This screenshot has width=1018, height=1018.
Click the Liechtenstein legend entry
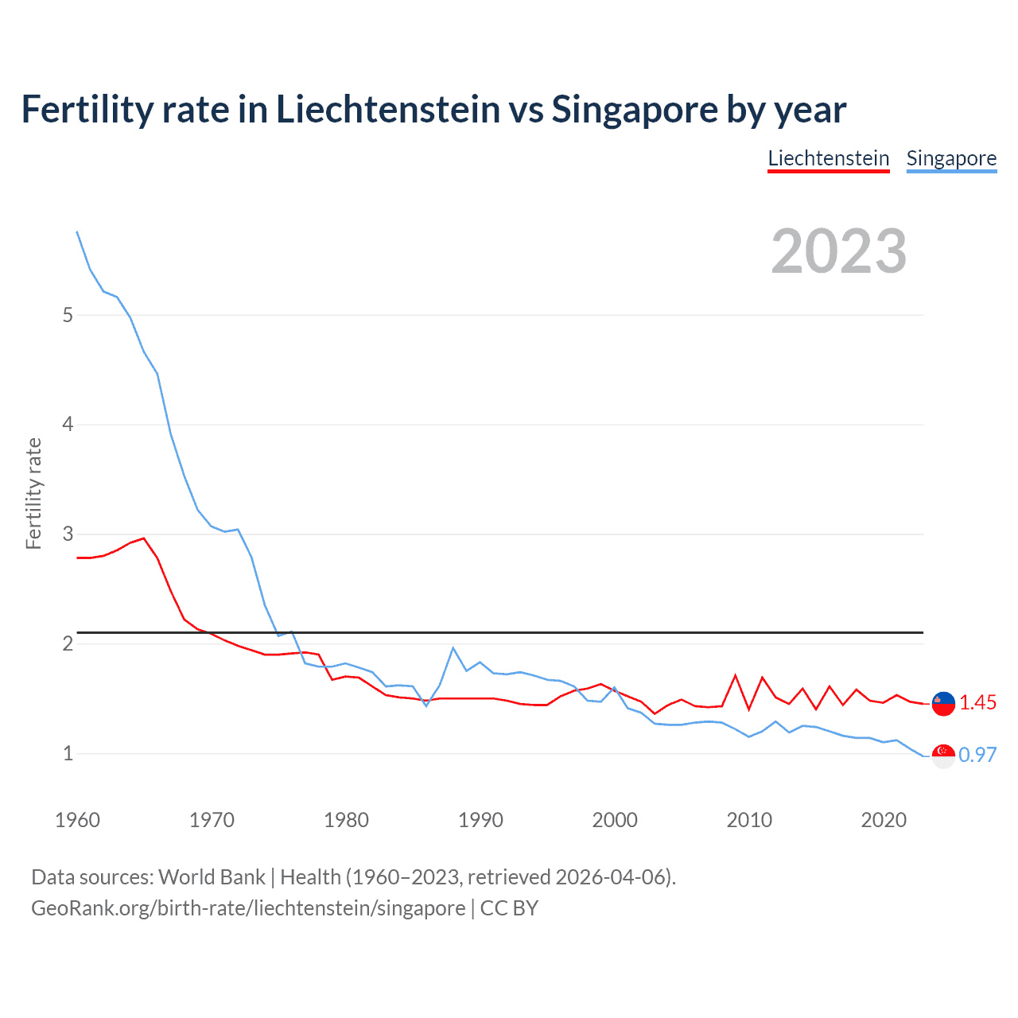pyautogui.click(x=828, y=158)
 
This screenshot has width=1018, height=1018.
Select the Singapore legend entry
pyautogui.click(x=951, y=158)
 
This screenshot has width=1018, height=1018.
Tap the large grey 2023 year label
pyautogui.click(x=838, y=251)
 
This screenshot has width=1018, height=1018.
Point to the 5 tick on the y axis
pyautogui.click(x=68, y=315)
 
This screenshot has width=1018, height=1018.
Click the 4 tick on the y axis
pyautogui.click(x=68, y=425)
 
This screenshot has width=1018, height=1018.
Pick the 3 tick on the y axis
pyautogui.click(x=68, y=534)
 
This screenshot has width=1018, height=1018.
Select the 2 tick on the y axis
pyautogui.click(x=68, y=643)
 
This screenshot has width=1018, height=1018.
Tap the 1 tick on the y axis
pyautogui.click(x=68, y=753)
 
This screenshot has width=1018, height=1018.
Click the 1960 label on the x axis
pyautogui.click(x=77, y=820)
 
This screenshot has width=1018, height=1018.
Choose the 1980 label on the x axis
pyautogui.click(x=346, y=820)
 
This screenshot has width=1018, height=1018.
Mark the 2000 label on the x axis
pyautogui.click(x=615, y=820)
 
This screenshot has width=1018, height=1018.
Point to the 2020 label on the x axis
pyautogui.click(x=884, y=820)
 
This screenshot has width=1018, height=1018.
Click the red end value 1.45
pyautogui.click(x=977, y=703)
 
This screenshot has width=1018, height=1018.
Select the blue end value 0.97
pyautogui.click(x=977, y=755)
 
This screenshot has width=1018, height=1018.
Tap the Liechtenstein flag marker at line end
pyautogui.click(x=943, y=703)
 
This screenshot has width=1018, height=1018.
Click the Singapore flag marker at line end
pyautogui.click(x=943, y=756)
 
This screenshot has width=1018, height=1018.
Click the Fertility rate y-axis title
pyautogui.click(x=33, y=493)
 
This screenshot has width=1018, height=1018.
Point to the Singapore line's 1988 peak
pyautogui.click(x=453, y=648)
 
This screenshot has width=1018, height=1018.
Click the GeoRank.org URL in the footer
pyautogui.click(x=248, y=907)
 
